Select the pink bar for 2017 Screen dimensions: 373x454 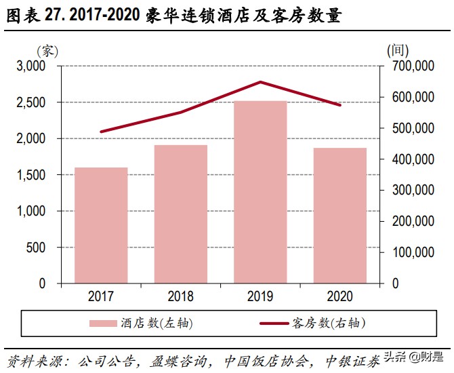(x=101, y=225)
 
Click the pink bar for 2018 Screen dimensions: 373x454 (x=180, y=214)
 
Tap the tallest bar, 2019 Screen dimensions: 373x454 (x=260, y=192)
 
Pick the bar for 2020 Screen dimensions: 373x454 (x=339, y=216)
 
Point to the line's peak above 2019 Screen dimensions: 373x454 (x=260, y=82)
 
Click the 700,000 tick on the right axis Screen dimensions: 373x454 (x=412, y=66)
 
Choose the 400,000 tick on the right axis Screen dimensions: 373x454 (x=412, y=159)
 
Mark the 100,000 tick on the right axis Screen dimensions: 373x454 (x=412, y=252)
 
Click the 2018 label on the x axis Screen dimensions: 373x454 (x=180, y=296)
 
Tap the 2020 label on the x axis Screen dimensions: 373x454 (x=339, y=296)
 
